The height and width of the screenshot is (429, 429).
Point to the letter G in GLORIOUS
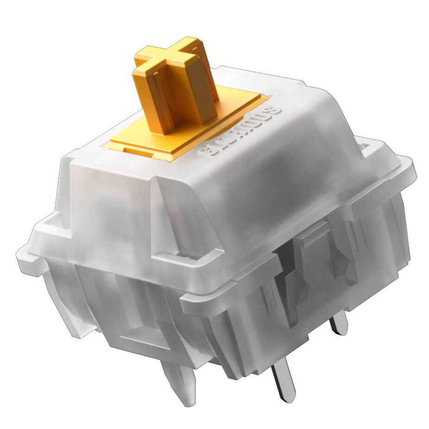pyautogui.click(x=205, y=151)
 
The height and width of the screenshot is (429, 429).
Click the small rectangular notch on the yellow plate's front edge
pyautogui.click(x=135, y=150)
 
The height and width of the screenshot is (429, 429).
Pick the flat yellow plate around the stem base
pyautogui.click(x=186, y=123)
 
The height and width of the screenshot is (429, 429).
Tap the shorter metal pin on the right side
pyautogui.click(x=339, y=324)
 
